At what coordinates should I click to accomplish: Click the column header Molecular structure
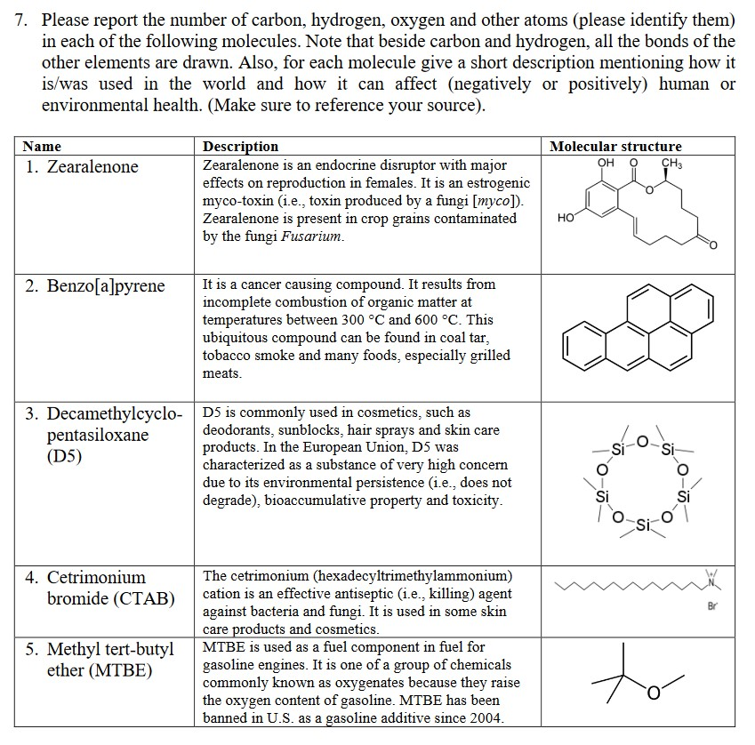pos(615,146)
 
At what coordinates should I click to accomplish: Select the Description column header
pos(240,146)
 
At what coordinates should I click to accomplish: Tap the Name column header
pos(42,146)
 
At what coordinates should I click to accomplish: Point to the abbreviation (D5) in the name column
pos(64,457)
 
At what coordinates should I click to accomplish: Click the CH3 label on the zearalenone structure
pos(672,163)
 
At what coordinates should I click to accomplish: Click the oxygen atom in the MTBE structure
pos(654,693)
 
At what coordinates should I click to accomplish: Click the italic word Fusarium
pos(317,236)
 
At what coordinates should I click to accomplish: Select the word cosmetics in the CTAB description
pos(328,629)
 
